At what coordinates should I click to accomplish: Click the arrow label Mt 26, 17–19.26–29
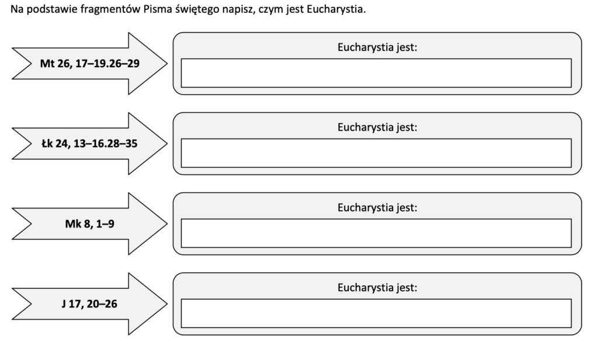[x=89, y=63]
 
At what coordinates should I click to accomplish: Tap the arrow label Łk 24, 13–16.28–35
[x=89, y=144]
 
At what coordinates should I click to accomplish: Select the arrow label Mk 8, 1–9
[x=89, y=224]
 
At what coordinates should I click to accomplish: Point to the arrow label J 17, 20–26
[x=89, y=304]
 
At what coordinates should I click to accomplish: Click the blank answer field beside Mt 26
[x=376, y=73]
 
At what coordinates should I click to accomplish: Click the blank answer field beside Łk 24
[x=376, y=153]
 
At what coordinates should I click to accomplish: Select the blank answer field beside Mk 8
[x=376, y=233]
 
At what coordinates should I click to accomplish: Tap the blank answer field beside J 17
[x=376, y=313]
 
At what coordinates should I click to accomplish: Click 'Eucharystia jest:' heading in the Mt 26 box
[x=377, y=47]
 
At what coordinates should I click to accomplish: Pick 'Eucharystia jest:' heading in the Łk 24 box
[x=377, y=127]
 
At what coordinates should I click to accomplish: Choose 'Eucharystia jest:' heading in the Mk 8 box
[x=377, y=207]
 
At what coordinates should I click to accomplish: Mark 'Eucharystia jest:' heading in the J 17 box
[x=377, y=288]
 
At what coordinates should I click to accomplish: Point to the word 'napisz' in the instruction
[x=239, y=10]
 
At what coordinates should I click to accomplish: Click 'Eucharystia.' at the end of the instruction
[x=336, y=10]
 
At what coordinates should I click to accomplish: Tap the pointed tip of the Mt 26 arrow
[x=167, y=63]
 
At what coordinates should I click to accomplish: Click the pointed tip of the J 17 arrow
[x=167, y=304]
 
